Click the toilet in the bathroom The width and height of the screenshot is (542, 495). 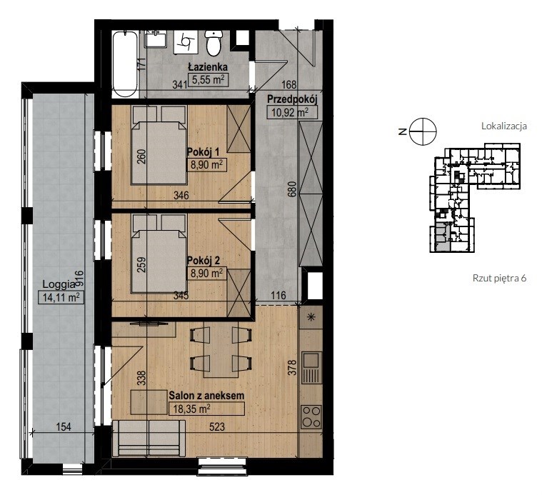tap(213, 43)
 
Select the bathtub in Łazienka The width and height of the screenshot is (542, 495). tap(126, 64)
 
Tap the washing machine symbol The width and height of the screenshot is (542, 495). tap(186, 41)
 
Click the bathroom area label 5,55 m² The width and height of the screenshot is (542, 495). tap(208, 80)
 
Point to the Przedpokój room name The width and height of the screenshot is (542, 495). tap(292, 99)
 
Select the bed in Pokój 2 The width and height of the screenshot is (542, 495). tap(159, 254)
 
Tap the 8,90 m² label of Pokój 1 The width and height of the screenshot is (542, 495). tap(206, 165)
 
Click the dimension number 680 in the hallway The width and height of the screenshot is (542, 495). tap(293, 189)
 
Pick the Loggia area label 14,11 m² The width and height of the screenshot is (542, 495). tap(61, 297)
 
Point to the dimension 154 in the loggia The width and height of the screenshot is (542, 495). tap(64, 427)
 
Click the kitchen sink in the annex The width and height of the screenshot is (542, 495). tap(311, 368)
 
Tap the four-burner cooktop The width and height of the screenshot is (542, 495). tap(311, 416)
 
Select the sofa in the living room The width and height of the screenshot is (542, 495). tap(149, 439)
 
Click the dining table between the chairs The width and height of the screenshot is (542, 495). tap(220, 350)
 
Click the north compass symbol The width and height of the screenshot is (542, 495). tap(423, 131)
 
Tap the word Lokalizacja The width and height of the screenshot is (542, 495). tap(504, 126)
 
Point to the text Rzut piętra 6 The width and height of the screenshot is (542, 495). tap(499, 279)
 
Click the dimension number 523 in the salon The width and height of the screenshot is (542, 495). tap(217, 426)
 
